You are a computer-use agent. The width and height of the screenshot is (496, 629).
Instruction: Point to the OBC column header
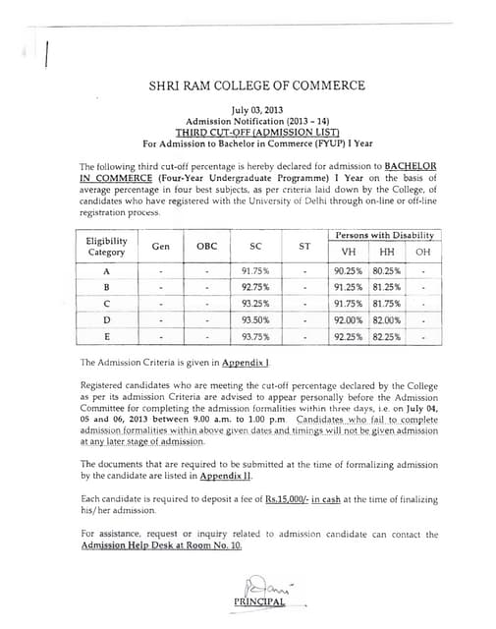coord(207,246)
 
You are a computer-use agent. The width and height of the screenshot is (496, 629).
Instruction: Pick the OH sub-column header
coord(422,253)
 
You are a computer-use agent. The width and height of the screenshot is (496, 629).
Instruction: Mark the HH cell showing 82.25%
coord(386,337)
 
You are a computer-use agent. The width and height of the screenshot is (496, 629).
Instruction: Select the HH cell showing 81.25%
coord(386,287)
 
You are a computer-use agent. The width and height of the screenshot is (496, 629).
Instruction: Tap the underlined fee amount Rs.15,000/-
coord(285,500)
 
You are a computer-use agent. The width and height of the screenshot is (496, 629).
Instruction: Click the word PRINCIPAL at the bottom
coord(259,601)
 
